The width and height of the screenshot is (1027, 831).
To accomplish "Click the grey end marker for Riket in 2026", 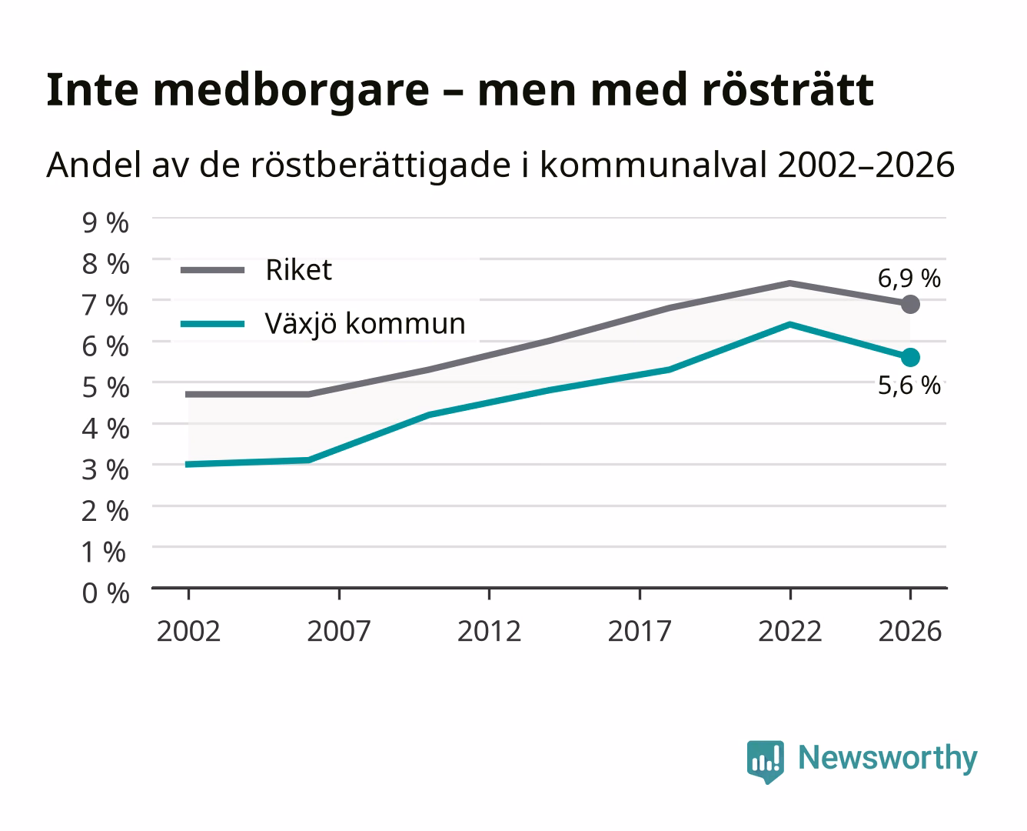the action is tap(910, 304).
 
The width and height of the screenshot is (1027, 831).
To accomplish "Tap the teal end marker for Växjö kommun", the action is tap(910, 358).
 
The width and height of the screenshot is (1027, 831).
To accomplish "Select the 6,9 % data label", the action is tap(909, 279).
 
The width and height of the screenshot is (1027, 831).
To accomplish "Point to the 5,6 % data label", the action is tap(909, 385).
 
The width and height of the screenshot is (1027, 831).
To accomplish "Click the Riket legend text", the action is tap(298, 269).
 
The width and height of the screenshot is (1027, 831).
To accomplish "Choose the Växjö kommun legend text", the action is tap(365, 323).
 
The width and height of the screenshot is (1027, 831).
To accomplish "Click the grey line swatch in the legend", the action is tap(212, 270).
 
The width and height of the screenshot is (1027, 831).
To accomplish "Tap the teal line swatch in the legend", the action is tap(212, 324).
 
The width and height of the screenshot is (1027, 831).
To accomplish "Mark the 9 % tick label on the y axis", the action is tap(105, 223).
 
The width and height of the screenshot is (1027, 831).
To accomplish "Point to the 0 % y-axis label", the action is tap(105, 593).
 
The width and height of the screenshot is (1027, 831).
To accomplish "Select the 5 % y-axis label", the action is tap(105, 388).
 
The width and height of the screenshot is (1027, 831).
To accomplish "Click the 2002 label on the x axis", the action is tap(188, 631).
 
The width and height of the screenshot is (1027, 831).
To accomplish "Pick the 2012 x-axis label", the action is tap(489, 631).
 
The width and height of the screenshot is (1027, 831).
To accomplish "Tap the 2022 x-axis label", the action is tap(789, 631).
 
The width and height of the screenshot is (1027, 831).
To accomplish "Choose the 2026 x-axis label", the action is tap(910, 631).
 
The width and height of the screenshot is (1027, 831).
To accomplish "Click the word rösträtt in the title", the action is tap(788, 90).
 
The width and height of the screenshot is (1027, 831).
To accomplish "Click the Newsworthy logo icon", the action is tap(765, 761).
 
